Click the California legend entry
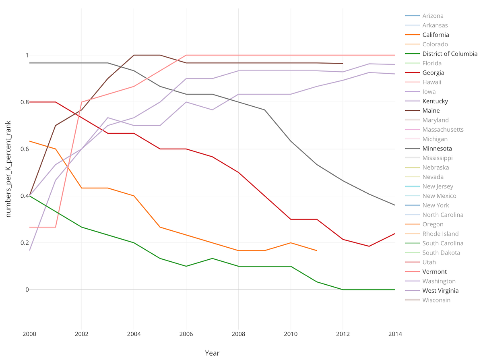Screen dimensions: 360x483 (x=436, y=35)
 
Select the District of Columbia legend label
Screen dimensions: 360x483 (x=450, y=54)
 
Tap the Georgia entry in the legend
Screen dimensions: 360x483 (x=433, y=73)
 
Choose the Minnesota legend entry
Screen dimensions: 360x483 (x=437, y=149)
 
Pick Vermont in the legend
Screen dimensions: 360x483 (x=434, y=272)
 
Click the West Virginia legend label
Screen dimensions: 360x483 (x=440, y=291)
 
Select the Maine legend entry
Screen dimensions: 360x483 (x=431, y=111)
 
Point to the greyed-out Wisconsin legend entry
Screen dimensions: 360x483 (x=436, y=300)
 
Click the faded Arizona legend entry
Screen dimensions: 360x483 (x=433, y=16)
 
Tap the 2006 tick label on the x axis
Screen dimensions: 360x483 (x=186, y=334)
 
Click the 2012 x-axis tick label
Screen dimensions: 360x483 (x=343, y=334)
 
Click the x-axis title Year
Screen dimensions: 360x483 (x=212, y=353)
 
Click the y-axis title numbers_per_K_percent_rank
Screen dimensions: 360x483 (x=8, y=169)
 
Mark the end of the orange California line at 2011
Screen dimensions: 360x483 (x=317, y=250)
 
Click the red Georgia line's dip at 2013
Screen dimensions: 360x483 (x=369, y=246)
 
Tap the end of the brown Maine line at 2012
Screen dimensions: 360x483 (x=343, y=63)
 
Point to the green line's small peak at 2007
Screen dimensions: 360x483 (x=212, y=259)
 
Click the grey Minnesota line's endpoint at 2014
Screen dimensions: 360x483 (x=395, y=205)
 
